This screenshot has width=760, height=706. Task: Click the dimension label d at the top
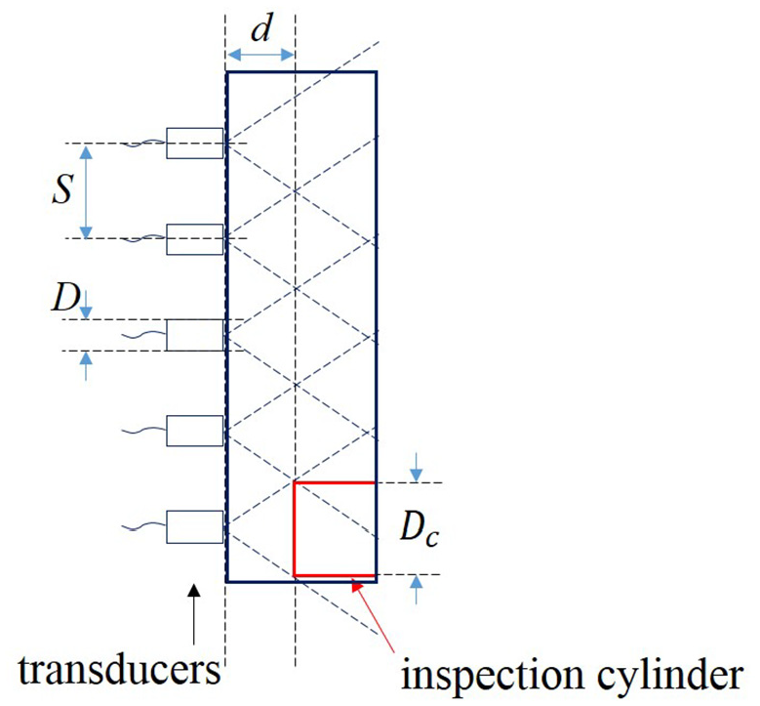click(261, 28)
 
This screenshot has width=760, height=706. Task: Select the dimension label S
click(63, 188)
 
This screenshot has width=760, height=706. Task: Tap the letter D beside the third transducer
click(65, 297)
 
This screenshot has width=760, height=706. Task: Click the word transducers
click(119, 670)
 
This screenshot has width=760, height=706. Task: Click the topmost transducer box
click(195, 144)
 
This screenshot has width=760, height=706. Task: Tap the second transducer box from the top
click(195, 239)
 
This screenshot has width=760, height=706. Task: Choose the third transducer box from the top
click(195, 335)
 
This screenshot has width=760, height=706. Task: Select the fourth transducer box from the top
click(195, 431)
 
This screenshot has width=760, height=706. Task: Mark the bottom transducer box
click(195, 527)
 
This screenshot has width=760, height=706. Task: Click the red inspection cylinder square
click(294, 529)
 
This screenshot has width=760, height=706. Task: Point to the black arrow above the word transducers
click(194, 614)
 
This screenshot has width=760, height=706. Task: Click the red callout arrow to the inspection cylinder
click(374, 616)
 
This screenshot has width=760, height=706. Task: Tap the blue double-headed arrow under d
click(260, 55)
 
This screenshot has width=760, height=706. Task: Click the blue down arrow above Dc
click(416, 468)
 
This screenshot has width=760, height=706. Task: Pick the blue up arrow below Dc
click(416, 590)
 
